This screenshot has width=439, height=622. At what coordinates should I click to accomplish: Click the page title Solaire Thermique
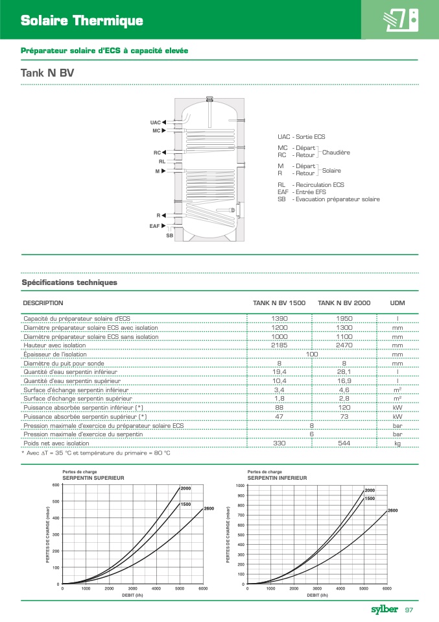click(x=82, y=21)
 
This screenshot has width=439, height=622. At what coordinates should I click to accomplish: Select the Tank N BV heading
click(x=47, y=73)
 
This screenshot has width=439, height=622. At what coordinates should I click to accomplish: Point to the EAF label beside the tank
click(x=154, y=225)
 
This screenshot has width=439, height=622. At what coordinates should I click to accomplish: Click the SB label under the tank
click(x=169, y=234)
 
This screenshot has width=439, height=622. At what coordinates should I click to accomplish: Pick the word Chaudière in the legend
click(x=337, y=152)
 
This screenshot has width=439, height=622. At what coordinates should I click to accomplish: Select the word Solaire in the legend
click(x=331, y=170)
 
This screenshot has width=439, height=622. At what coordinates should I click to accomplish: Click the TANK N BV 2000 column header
click(x=344, y=303)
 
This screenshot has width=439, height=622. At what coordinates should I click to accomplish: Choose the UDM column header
click(x=397, y=303)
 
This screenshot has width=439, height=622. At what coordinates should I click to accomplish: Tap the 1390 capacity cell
click(x=279, y=319)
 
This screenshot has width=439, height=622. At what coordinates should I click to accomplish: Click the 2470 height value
click(x=344, y=346)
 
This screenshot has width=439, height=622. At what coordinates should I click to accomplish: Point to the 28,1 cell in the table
click(x=344, y=372)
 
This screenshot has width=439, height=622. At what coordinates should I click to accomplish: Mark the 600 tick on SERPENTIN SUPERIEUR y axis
click(x=55, y=485)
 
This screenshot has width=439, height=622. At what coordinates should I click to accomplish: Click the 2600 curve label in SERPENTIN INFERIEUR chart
click(x=392, y=511)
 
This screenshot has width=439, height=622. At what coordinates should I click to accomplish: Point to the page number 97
click(x=410, y=610)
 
